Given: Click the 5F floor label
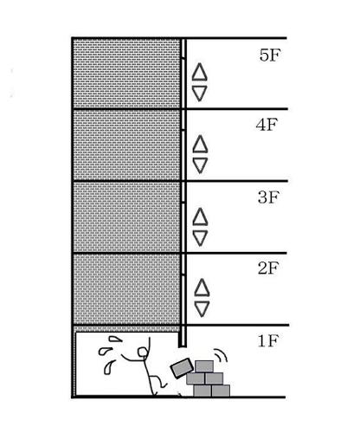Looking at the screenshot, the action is pyautogui.click(x=270, y=55).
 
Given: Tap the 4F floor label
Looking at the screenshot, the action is pyautogui.click(x=267, y=125).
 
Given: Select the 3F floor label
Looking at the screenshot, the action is pyautogui.click(x=268, y=197).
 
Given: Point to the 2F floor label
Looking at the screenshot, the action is pyautogui.click(x=268, y=268).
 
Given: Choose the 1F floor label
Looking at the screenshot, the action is pyautogui.click(x=268, y=340).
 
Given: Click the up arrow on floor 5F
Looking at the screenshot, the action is pyautogui.click(x=199, y=72).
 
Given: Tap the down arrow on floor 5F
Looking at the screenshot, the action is pyautogui.click(x=199, y=94).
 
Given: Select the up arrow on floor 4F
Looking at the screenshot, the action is pyautogui.click(x=200, y=144).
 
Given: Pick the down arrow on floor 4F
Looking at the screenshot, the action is pyautogui.click(x=200, y=165).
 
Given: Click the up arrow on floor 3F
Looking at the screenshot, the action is pyautogui.click(x=200, y=216).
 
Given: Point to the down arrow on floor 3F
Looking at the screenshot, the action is pyautogui.click(x=200, y=238).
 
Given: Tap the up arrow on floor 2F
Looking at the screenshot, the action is pyautogui.click(x=202, y=288).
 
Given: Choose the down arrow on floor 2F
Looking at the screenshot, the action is pyautogui.click(x=202, y=309).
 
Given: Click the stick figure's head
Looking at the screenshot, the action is pyautogui.click(x=143, y=352).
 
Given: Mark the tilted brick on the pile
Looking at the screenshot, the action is pyautogui.click(x=182, y=367).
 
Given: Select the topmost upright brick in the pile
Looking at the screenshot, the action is pyautogui.click(x=204, y=366).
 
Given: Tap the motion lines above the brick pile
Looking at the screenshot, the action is pyautogui.click(x=222, y=356).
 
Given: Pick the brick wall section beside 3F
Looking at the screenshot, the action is pyautogui.click(x=126, y=217).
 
